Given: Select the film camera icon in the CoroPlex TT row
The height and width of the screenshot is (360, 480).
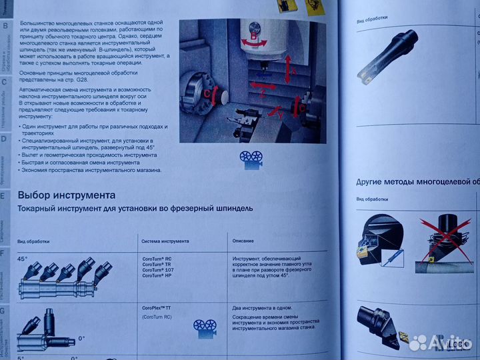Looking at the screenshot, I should click(x=205, y=326).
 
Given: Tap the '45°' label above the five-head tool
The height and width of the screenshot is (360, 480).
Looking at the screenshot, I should click(x=22, y=259).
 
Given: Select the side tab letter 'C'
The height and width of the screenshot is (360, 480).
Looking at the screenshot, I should click(x=4, y=83).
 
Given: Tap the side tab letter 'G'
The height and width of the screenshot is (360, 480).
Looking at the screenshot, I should click(x=3, y=311).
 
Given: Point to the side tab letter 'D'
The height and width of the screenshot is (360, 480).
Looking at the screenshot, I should click(x=4, y=139).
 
